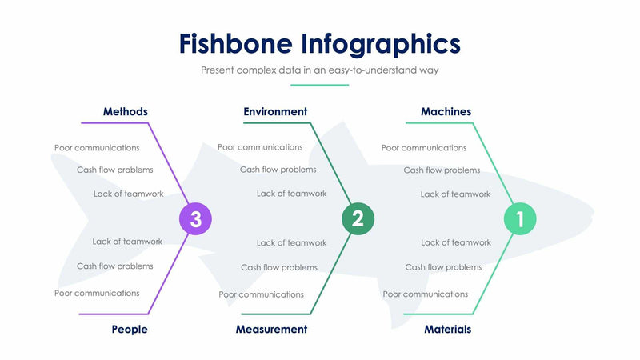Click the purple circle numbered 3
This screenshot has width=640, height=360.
195,218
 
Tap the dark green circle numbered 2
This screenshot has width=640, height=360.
358,218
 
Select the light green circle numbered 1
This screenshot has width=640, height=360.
519,218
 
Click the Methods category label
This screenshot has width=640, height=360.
126,112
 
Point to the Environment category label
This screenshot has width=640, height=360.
275,112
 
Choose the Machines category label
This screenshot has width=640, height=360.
446,112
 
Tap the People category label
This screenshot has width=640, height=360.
130,329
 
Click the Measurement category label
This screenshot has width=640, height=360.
271,329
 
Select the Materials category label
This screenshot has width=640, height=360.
447,329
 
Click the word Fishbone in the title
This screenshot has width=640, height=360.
236,43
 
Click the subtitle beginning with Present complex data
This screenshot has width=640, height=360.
319,70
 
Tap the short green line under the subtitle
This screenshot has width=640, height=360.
319,85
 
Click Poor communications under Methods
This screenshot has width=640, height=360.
97,147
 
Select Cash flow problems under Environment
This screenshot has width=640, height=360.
278,170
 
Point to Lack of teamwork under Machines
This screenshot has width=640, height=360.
455,194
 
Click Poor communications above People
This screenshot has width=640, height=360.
97,293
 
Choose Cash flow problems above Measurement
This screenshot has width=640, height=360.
279,267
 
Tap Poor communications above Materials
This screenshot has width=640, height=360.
426,294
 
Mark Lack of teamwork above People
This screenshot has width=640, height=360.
127,242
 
